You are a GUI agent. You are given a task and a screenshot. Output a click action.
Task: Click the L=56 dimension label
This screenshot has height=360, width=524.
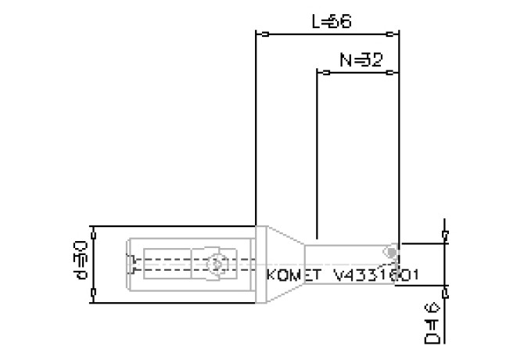pyautogui.click(x=330, y=22)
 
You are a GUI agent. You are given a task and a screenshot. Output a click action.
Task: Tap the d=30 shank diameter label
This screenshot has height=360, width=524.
pyautogui.click(x=81, y=260)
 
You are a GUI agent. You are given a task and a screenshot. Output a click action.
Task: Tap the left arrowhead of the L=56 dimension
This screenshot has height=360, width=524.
pyautogui.click(x=264, y=34)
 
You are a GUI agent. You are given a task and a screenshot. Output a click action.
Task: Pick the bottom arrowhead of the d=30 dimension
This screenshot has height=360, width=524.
pyautogui.click(x=94, y=293)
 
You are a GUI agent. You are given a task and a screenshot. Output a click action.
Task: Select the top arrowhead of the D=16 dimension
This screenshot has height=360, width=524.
pyautogui.click(x=445, y=235)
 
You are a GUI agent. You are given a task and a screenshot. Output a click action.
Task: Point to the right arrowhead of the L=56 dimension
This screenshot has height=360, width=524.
pyautogui.click(x=392, y=34)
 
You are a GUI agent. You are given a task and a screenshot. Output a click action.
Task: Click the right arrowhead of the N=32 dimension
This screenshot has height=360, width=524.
pyautogui.click(x=392, y=72)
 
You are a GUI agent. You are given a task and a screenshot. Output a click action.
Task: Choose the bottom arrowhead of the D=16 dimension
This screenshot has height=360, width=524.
pyautogui.click(x=445, y=293)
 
